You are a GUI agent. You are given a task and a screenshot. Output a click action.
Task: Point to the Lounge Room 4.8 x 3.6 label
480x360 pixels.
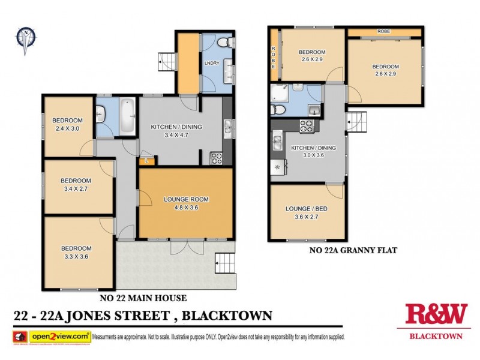pos(185,203)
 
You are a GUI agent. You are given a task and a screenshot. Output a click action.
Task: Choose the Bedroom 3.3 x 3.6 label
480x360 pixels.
pos(76,253)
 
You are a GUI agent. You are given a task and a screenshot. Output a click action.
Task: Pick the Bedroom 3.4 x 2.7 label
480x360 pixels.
pos(76,185)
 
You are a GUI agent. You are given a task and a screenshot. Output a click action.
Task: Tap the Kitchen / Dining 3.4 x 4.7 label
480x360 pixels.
pos(176,131)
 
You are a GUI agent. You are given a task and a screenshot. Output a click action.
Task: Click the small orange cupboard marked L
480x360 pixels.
pos(147,161)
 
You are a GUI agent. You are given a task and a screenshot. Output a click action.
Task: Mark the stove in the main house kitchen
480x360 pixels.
pos(217,158)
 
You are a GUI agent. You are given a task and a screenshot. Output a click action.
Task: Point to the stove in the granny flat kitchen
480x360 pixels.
pos(307,127)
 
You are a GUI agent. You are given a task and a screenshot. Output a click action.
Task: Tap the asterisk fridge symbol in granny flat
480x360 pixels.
pos(277,167)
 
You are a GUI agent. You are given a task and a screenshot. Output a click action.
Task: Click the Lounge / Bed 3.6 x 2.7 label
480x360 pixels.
pos(306,213)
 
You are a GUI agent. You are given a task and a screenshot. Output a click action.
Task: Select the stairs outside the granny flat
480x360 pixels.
pos(358,122)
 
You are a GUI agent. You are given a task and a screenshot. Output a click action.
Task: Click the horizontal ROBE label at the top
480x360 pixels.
pos(384,31)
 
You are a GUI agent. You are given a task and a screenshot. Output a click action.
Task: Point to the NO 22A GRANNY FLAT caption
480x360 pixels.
pos(345,250)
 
